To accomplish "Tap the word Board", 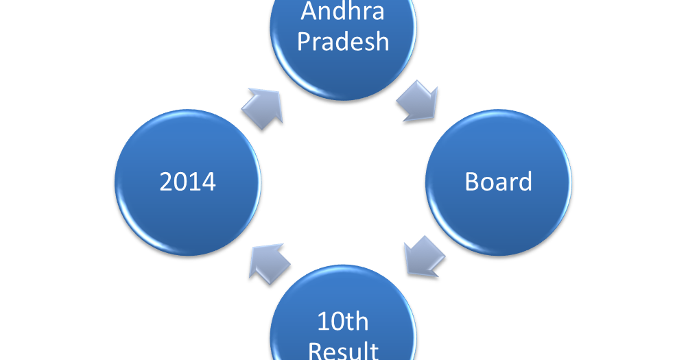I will tap(499, 182).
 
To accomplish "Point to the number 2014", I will tap(187, 182).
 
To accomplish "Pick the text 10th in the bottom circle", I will tap(343, 321).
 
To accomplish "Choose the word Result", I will tap(343, 350).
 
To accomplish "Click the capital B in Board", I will tap(471, 182).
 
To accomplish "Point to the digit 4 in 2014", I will tap(209, 182).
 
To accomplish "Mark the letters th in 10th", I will tap(357, 321).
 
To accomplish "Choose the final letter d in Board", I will tap(525, 182).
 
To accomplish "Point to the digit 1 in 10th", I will tap(322, 321).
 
